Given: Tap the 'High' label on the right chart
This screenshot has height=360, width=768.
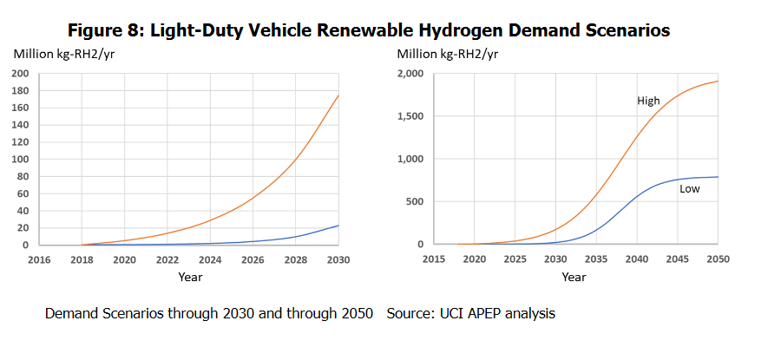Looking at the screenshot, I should (648, 101).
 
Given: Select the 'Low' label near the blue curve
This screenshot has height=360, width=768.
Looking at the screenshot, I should (690, 188).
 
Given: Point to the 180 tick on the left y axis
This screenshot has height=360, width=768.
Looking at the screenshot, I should (19, 90).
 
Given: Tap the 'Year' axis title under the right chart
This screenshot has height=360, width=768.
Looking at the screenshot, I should (574, 277).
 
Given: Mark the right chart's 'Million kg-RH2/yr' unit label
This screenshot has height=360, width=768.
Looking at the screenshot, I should (447, 55).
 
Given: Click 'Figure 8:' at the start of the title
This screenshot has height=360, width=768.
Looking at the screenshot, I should (105, 30).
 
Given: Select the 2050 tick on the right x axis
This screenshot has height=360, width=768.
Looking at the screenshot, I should (718, 259).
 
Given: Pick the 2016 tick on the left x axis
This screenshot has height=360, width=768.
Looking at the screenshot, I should (40, 259).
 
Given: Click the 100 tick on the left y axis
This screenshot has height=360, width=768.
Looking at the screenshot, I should (19, 159).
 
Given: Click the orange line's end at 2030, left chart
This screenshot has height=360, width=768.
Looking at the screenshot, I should (338, 95).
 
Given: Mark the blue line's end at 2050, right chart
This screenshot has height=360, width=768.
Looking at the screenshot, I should (718, 177).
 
